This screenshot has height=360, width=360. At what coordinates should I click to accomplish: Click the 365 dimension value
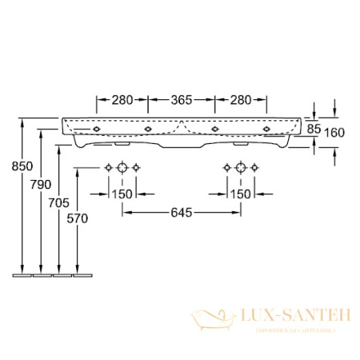coord(182,100)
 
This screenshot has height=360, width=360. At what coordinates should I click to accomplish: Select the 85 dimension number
coord(314,128)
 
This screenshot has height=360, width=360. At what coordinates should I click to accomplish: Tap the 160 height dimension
coord(334,133)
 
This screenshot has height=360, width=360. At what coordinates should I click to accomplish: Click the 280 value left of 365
coord(122,100)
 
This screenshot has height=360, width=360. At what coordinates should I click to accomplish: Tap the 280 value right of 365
coord(241,100)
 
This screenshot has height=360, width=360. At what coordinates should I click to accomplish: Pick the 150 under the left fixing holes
coord(122,194)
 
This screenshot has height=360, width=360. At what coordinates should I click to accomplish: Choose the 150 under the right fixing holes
coord(241,194)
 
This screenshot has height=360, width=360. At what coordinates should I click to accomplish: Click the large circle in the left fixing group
coord(122,167)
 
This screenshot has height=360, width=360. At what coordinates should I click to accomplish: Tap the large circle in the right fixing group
coord(241,167)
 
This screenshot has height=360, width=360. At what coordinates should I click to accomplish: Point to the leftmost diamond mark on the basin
coord(97,128)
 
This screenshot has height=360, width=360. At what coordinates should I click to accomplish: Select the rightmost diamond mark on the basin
coord(266,128)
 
